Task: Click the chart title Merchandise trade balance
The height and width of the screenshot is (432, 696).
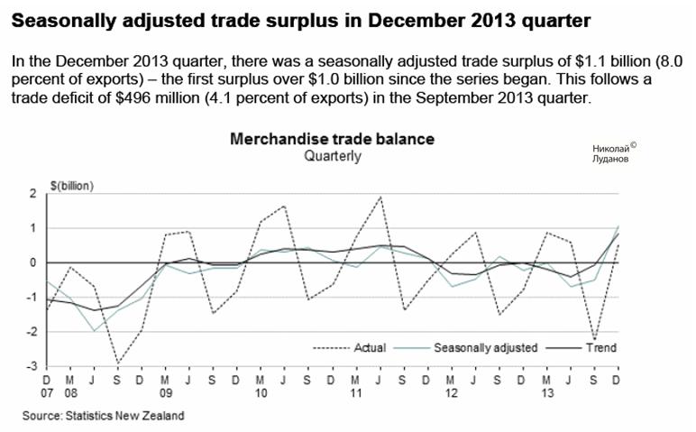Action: [332, 140]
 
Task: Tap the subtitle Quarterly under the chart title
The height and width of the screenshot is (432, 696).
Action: [332, 156]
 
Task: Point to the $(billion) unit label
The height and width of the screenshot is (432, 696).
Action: [73, 187]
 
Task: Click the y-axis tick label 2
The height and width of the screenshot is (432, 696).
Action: [32, 194]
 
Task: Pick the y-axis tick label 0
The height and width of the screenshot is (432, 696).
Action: [32, 262]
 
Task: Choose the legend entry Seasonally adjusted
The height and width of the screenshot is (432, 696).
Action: [485, 346]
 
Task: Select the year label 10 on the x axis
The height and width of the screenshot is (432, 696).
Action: [261, 393]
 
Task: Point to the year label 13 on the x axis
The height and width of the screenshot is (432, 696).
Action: [546, 393]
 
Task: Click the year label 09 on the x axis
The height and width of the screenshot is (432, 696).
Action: [165, 393]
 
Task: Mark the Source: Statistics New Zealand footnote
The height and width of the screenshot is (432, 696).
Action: [104, 416]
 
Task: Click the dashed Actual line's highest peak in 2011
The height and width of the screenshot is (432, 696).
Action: [380, 197]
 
